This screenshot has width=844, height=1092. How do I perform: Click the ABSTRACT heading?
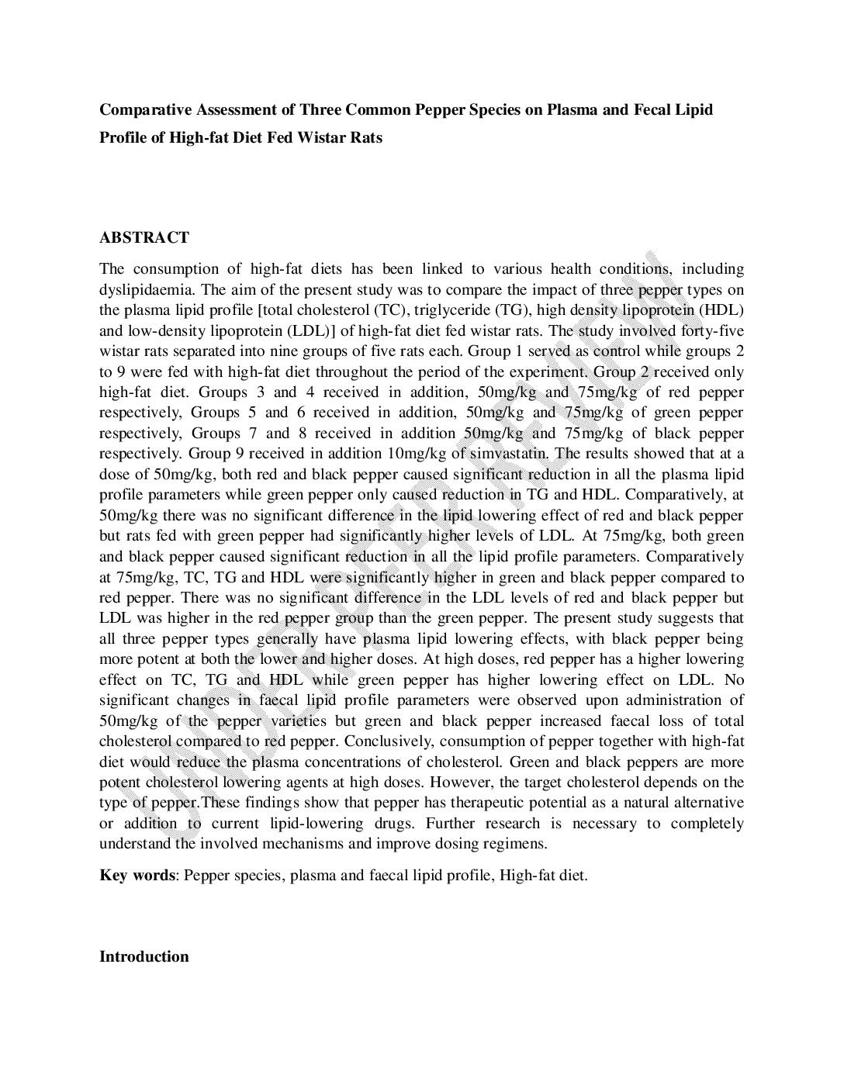pyautogui.click(x=144, y=237)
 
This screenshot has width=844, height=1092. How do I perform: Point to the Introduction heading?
pyautogui.click(x=144, y=956)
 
